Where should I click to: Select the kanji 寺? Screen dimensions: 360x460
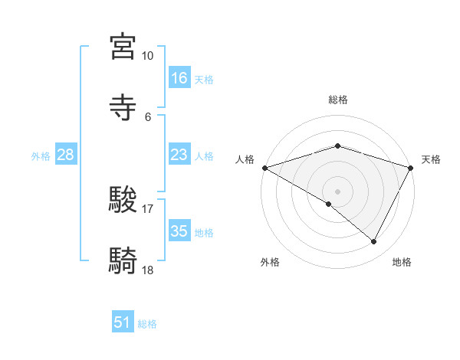click(123, 106)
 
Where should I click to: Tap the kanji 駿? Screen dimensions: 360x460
click(123, 198)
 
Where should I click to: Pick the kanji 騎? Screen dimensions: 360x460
click(123, 260)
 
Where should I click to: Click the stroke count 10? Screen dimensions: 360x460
click(148, 56)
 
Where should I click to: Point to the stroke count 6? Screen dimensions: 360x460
click(148, 117)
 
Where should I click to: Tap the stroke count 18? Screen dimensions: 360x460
click(148, 270)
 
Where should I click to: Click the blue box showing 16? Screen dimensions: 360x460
click(179, 78)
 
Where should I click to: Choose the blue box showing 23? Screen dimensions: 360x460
click(179, 155)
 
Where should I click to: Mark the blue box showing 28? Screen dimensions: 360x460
click(66, 155)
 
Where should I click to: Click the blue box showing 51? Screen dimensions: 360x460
click(123, 323)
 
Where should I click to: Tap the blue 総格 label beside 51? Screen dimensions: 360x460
click(147, 324)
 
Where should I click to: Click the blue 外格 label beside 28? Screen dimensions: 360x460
click(41, 156)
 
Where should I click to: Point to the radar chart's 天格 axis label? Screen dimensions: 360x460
click(432, 159)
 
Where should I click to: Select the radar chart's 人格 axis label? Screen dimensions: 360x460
click(245, 159)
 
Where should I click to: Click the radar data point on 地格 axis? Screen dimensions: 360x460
click(374, 242)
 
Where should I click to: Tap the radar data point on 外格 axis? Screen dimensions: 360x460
click(329, 204)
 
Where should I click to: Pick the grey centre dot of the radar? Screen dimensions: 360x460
click(338, 191)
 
